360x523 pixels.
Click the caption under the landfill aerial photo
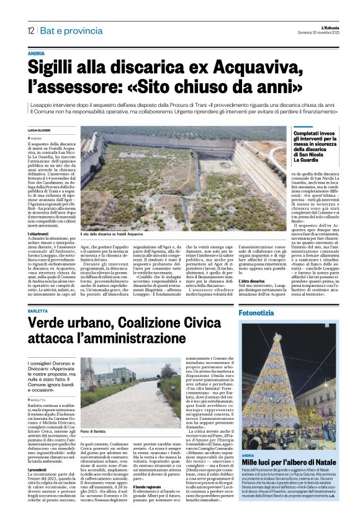(x=118, y=217)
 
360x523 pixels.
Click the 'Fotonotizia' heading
(x=259, y=314)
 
